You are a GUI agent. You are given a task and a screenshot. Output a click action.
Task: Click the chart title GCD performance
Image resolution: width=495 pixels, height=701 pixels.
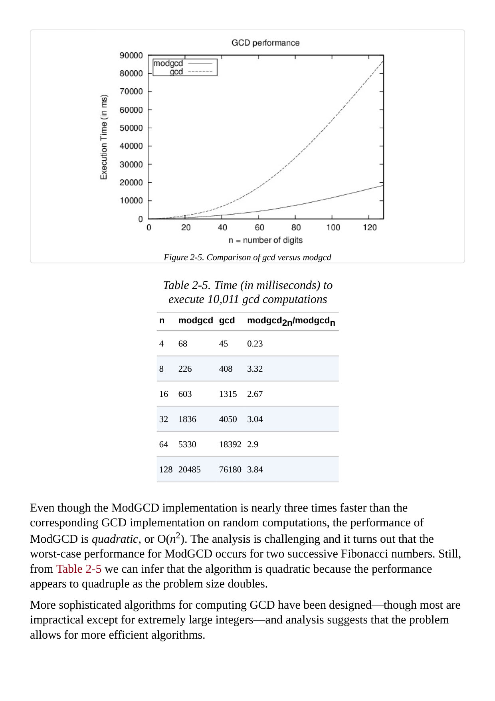tap(265, 43)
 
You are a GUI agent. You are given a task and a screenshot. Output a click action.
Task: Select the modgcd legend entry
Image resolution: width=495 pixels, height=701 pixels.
tap(168, 63)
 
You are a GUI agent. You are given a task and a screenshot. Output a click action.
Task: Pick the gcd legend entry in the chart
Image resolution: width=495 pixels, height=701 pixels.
tap(176, 72)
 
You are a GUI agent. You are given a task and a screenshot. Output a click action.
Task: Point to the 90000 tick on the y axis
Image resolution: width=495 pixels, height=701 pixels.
tap(131, 55)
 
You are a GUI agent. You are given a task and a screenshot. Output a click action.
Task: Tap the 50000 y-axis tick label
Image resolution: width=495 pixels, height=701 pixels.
tap(131, 128)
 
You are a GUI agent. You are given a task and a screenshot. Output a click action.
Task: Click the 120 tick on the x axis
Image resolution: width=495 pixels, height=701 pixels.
tap(370, 227)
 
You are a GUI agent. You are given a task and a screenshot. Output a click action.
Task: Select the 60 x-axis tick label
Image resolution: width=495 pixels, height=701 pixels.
tap(259, 227)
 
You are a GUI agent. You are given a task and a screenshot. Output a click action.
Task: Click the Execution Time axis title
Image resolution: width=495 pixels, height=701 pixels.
tap(104, 137)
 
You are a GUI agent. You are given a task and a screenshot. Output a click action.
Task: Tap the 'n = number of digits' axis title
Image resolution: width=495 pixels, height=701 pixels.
tap(265, 240)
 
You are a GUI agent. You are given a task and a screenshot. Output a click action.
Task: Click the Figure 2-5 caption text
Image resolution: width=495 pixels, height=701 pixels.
tap(247, 257)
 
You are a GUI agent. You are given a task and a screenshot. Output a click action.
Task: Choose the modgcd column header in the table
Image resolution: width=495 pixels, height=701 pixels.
tap(196, 321)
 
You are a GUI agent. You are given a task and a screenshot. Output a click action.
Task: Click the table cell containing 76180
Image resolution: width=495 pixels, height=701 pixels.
tap(230, 470)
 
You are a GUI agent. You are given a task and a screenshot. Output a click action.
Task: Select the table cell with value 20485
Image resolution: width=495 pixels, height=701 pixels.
tap(189, 470)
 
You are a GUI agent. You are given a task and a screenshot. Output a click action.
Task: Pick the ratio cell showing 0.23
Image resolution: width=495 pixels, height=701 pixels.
tap(255, 344)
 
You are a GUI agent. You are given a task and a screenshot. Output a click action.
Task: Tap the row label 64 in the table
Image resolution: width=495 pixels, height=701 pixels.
tap(164, 444)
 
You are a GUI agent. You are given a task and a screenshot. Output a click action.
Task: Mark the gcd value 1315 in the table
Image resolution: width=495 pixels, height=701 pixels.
tap(228, 394)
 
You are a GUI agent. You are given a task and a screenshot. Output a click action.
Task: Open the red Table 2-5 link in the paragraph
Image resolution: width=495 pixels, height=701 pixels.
tap(79, 569)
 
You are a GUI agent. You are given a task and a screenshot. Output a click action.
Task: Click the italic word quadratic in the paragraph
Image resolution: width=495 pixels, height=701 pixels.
tap(115, 539)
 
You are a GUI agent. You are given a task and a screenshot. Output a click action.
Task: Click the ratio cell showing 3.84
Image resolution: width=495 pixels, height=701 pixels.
tap(255, 470)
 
